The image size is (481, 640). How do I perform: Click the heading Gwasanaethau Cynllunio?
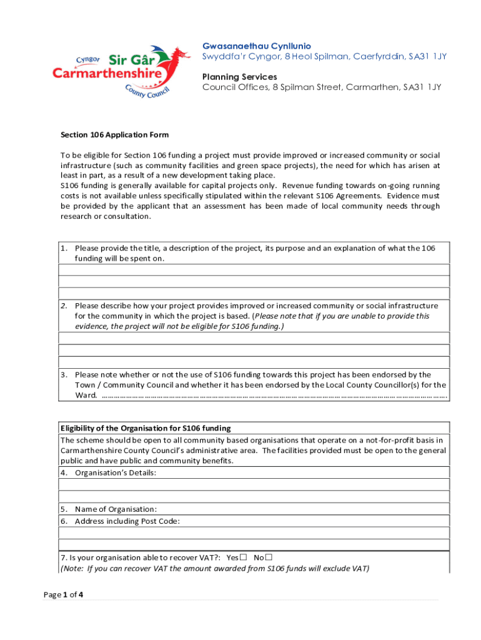pyautogui.click(x=256, y=46)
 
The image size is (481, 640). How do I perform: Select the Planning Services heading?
pyautogui.click(x=239, y=76)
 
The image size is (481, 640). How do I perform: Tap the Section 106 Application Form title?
pyautogui.click(x=114, y=135)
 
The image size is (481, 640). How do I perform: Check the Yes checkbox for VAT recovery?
pyautogui.click(x=244, y=557)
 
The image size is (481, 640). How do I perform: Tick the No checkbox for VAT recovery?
pyautogui.click(x=269, y=557)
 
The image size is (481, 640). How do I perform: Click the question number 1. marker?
pyautogui.click(x=64, y=248)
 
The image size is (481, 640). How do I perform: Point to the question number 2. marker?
pyautogui.click(x=64, y=306)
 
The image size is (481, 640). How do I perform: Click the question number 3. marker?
pyautogui.click(x=64, y=375)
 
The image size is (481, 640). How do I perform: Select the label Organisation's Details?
pyautogui.click(x=116, y=472)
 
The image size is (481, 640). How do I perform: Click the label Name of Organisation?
pyautogui.click(x=116, y=509)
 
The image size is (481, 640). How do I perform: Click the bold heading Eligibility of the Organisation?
pyautogui.click(x=146, y=428)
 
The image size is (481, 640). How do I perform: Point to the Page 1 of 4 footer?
pyautogui.click(x=63, y=594)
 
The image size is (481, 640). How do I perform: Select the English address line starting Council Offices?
pyautogui.click(x=321, y=87)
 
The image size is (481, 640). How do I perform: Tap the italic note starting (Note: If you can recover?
pyautogui.click(x=215, y=568)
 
